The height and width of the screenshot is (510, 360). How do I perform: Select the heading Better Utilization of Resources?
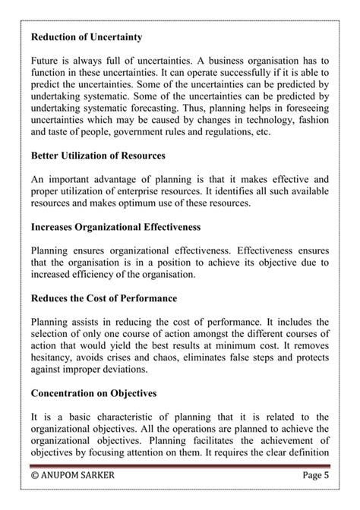coord(98,156)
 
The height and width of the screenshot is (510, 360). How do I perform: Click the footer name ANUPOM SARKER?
coord(82,477)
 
